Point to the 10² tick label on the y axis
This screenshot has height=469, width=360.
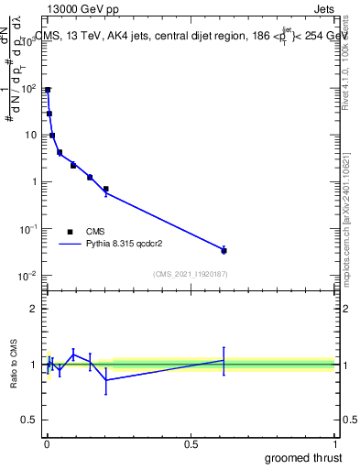tap(29, 89)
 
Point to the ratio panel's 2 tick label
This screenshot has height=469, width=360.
tap(33, 309)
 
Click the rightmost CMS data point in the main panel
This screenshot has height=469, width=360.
tap(224, 250)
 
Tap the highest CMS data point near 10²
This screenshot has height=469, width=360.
tap(48, 90)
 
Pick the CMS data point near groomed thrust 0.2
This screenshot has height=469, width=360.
tap(106, 189)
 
